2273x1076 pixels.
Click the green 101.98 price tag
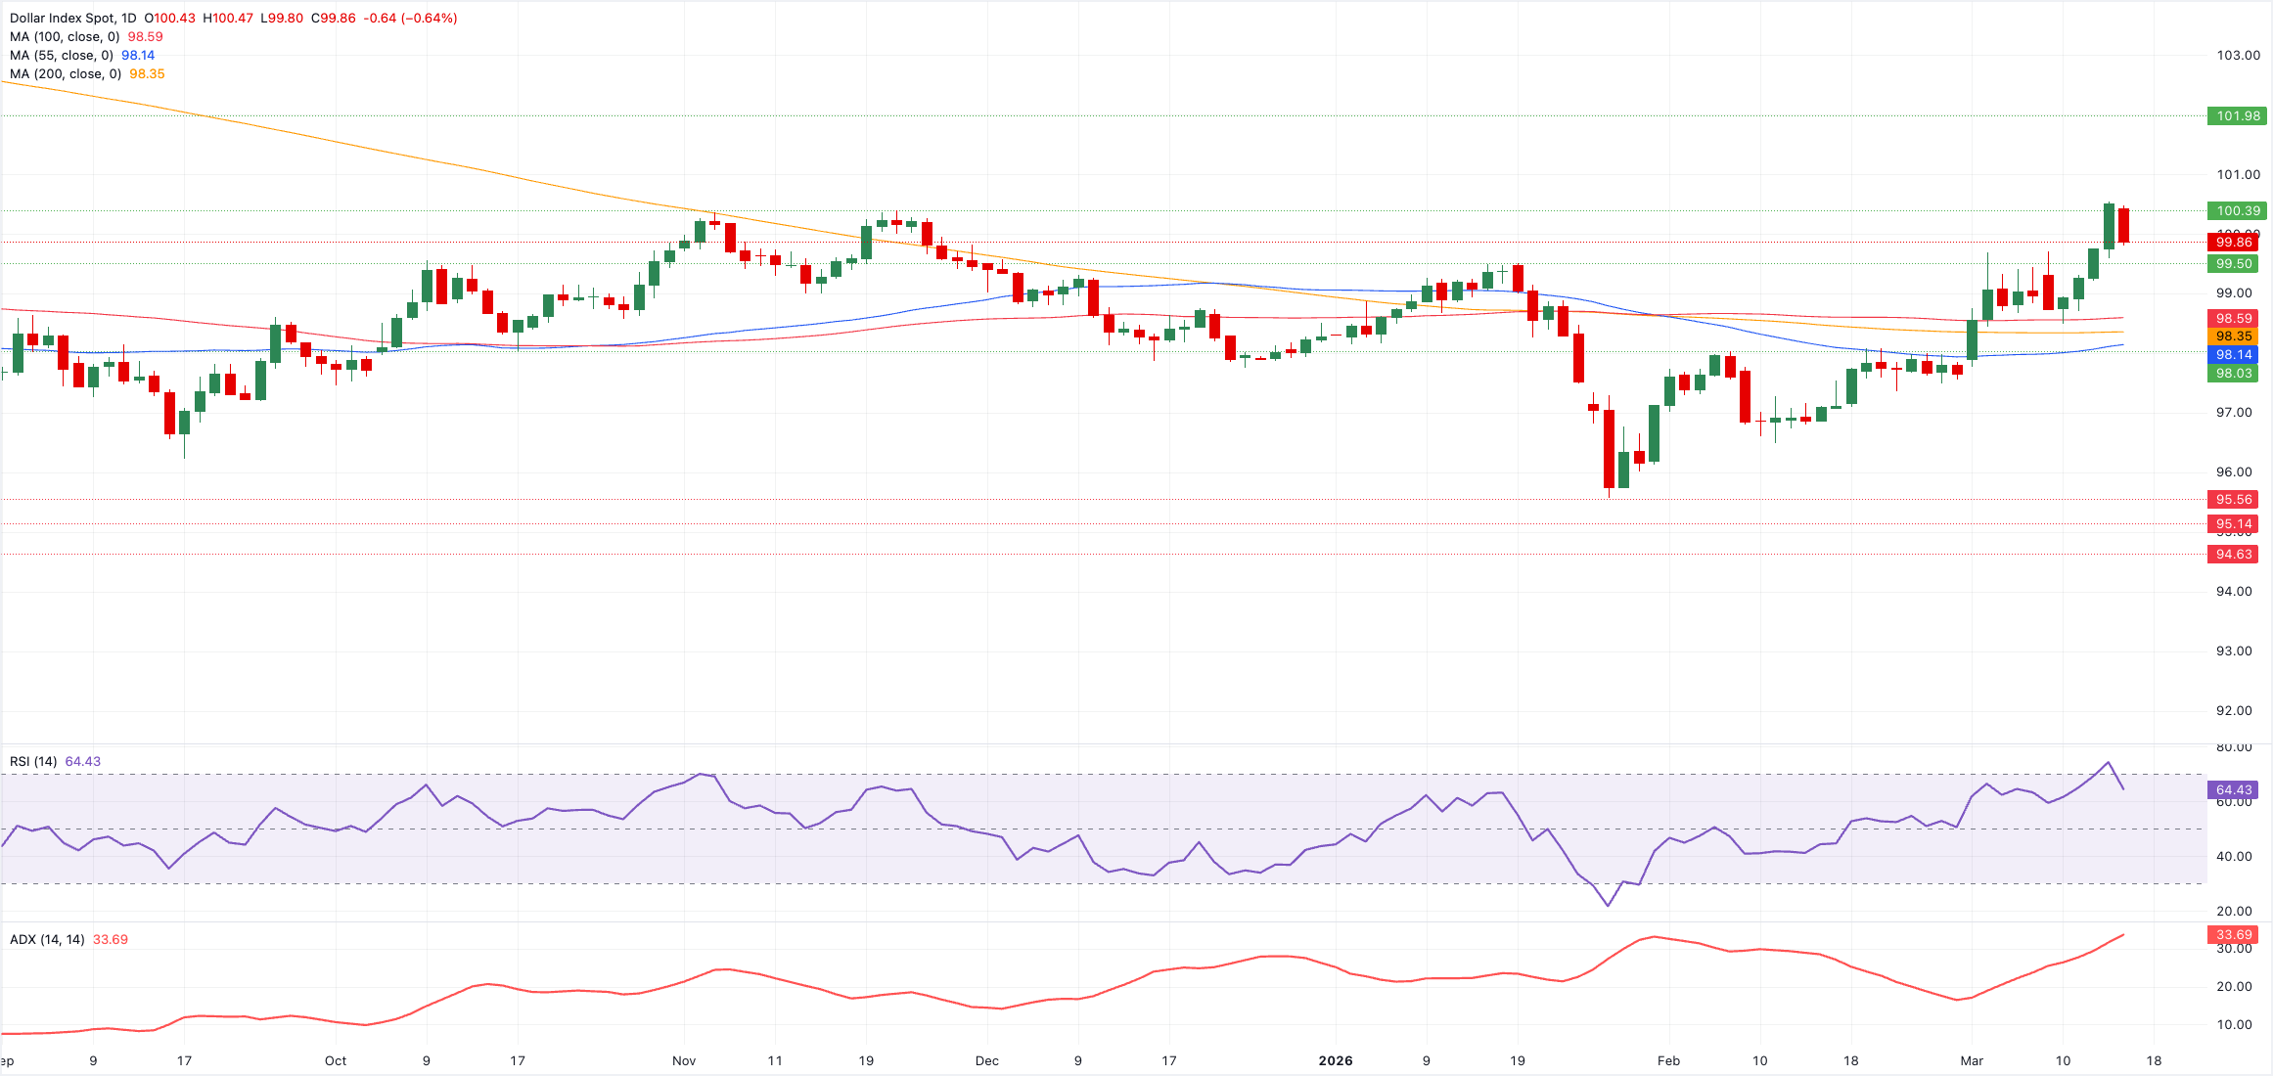coord(2237,115)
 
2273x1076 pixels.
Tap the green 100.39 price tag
coord(2237,210)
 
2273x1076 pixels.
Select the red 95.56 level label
coord(2233,499)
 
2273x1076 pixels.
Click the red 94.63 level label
coord(2233,554)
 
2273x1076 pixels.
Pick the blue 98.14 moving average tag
coord(2233,354)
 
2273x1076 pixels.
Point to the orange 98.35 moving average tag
coord(2233,336)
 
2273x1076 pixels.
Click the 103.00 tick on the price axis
coord(2238,55)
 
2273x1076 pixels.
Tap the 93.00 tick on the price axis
coord(2234,650)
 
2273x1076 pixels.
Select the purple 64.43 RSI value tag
coord(2233,789)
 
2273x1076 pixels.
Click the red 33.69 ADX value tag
coord(2233,934)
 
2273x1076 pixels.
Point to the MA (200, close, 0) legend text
coord(66,73)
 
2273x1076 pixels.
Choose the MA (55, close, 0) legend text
coord(62,55)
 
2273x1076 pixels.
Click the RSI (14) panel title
coord(33,761)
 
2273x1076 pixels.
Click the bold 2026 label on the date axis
coord(1335,1060)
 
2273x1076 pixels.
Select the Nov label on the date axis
coord(684,1060)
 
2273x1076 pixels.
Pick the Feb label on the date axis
coord(1668,1060)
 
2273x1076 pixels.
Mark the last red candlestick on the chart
coord(2123,225)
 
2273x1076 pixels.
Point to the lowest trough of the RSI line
coord(1608,905)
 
